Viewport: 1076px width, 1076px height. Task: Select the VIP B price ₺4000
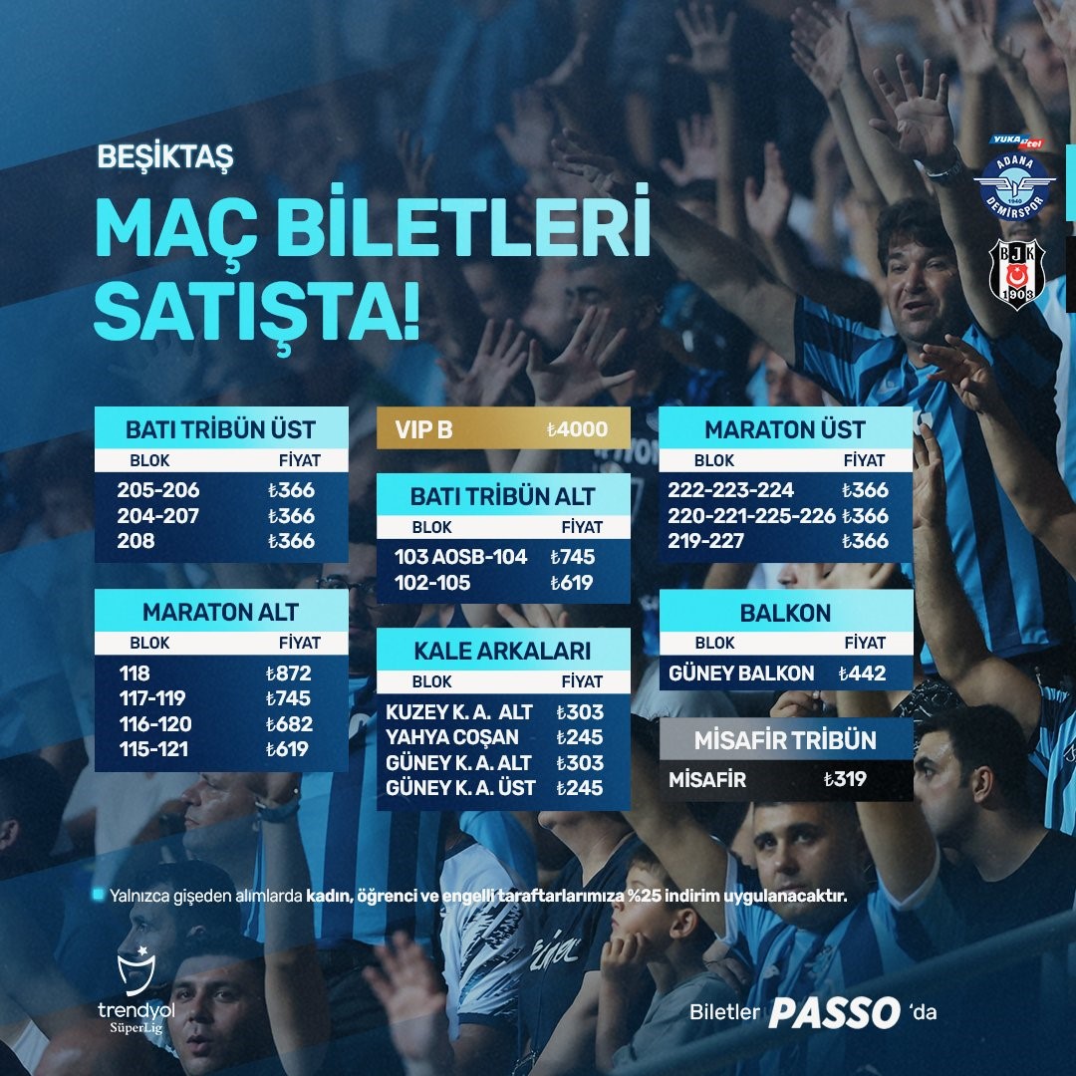(x=577, y=430)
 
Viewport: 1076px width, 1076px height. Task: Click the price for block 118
(x=289, y=672)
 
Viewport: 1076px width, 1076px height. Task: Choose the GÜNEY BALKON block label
(x=741, y=673)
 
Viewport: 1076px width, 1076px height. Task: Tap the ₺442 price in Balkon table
(x=862, y=673)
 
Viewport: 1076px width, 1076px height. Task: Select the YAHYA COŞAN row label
(x=452, y=737)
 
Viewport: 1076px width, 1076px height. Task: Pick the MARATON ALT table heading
(x=220, y=611)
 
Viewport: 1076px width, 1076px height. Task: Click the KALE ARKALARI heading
(x=502, y=652)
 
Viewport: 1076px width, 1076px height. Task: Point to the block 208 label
(x=136, y=541)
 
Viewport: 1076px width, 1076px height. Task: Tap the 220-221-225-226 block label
(x=752, y=516)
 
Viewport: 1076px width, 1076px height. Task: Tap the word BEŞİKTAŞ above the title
(x=164, y=157)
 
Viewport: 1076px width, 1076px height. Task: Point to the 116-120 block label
(x=154, y=724)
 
